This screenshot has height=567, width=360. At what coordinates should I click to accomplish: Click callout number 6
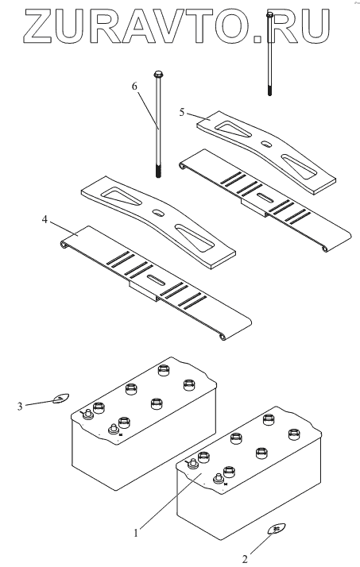134,86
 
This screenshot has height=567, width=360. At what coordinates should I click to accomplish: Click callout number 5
182,113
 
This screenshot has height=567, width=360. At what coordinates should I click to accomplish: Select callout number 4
45,219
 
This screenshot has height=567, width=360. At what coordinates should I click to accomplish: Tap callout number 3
20,407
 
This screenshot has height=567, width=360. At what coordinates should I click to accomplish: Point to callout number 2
245,559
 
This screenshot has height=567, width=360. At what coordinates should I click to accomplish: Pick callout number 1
136,533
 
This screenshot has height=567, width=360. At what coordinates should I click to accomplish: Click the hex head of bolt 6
158,75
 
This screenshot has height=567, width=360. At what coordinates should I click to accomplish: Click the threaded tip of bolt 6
158,171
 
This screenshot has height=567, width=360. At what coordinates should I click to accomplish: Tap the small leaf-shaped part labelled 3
60,399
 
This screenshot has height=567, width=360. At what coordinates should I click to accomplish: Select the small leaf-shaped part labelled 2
277,529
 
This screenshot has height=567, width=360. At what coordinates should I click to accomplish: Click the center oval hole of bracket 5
267,144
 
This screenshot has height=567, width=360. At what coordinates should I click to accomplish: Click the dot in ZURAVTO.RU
257,37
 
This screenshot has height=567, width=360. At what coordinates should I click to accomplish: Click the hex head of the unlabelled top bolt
269,14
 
